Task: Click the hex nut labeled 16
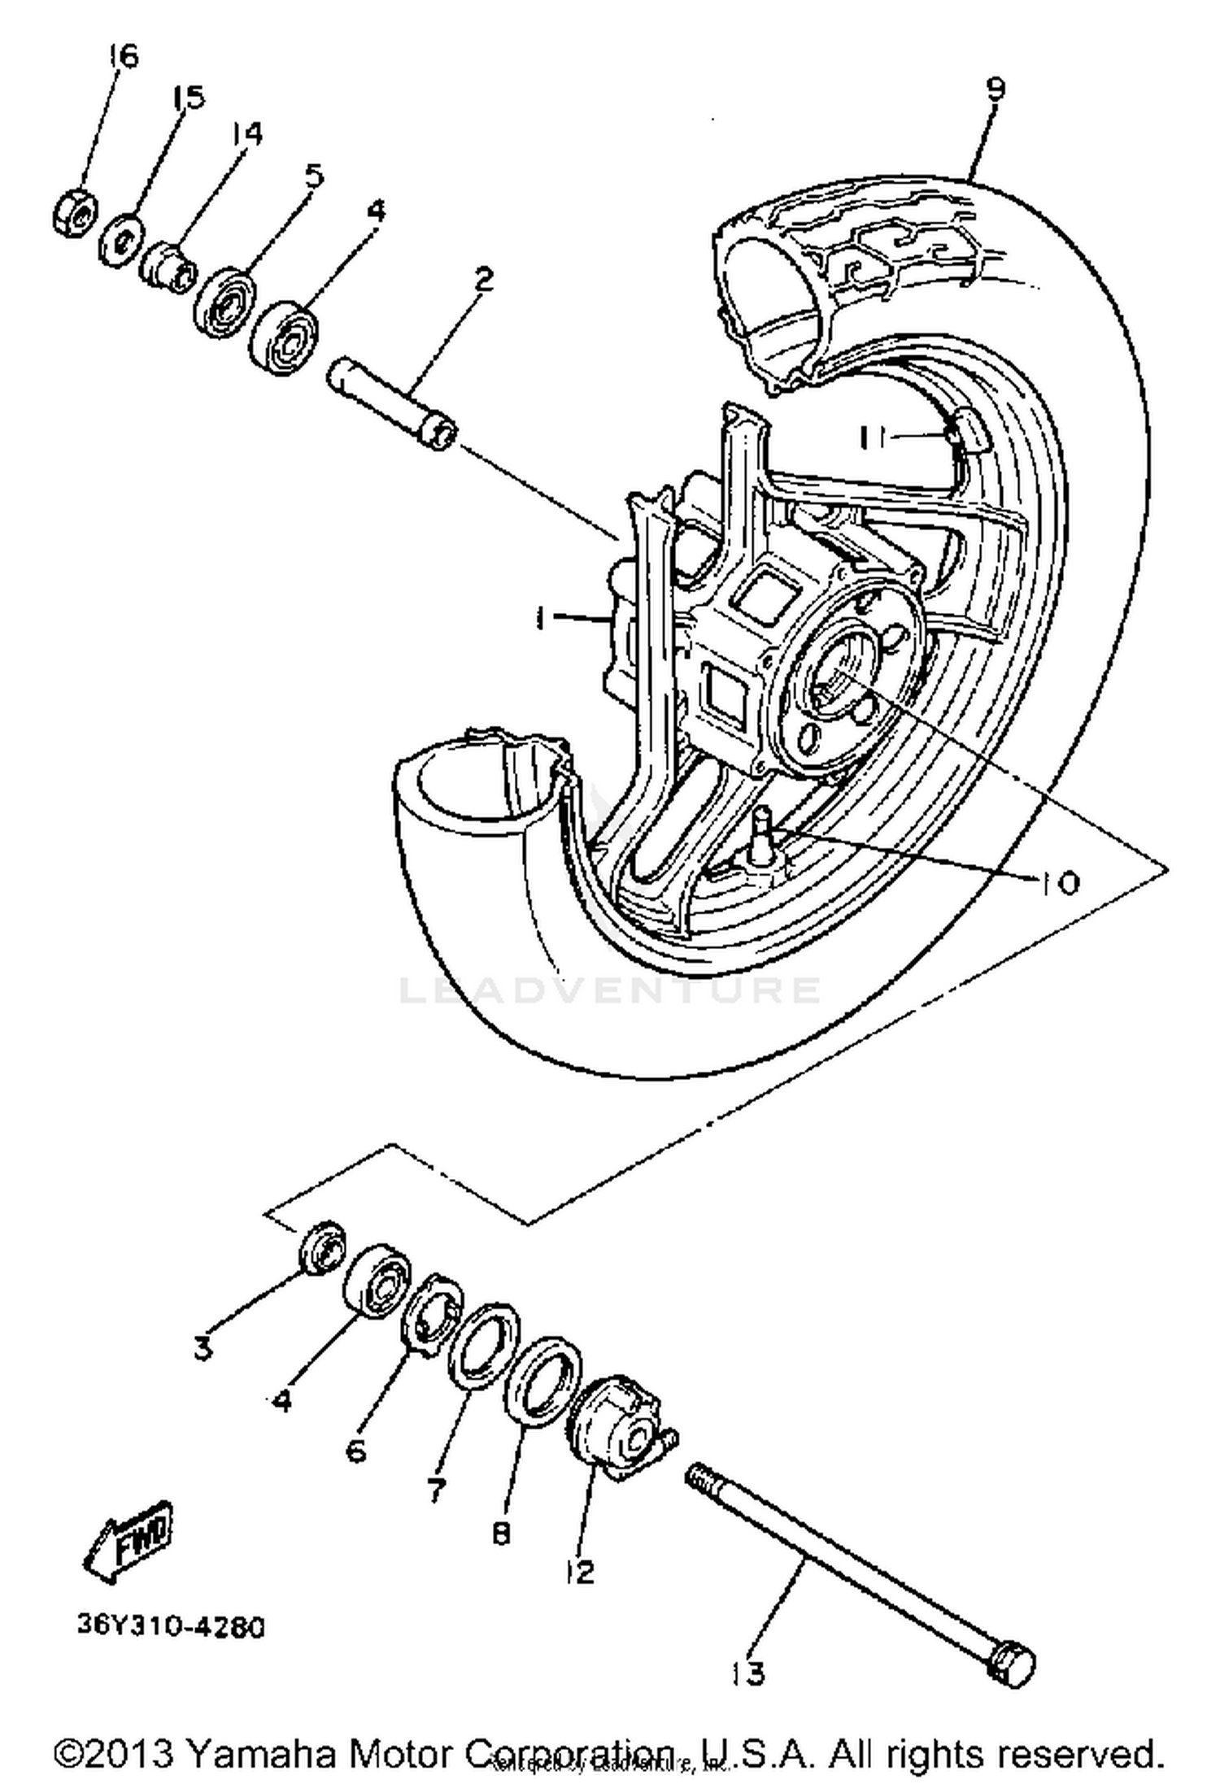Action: pyautogui.click(x=76, y=214)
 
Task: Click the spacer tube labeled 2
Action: pyautogui.click(x=392, y=403)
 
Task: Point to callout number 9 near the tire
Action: pyautogui.click(x=996, y=88)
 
